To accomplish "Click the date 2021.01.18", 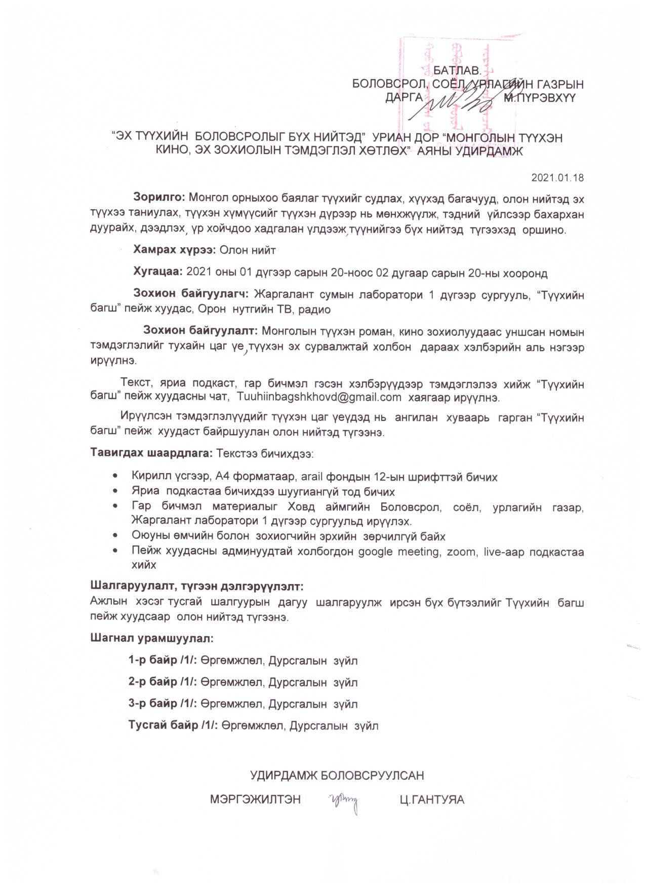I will tap(557, 177).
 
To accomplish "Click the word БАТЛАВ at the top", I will tap(456, 71).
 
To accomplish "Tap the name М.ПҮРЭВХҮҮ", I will tap(540, 98).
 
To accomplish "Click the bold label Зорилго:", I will tap(160, 197).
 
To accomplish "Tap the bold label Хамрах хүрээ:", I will tap(175, 250).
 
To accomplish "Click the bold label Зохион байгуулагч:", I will tap(190, 294).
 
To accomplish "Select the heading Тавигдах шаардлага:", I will tap(151, 452).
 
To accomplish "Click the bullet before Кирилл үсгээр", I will tap(117, 476).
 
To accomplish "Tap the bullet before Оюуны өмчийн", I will tap(117, 535).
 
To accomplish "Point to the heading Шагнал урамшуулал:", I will tap(152, 638).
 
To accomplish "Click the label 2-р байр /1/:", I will tap(163, 682).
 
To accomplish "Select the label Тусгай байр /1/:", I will tap(173, 725).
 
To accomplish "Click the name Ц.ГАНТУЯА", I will tap(432, 800).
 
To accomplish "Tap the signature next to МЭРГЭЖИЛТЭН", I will tap(345, 802).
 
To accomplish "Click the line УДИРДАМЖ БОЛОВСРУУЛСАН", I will tap(337, 776).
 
